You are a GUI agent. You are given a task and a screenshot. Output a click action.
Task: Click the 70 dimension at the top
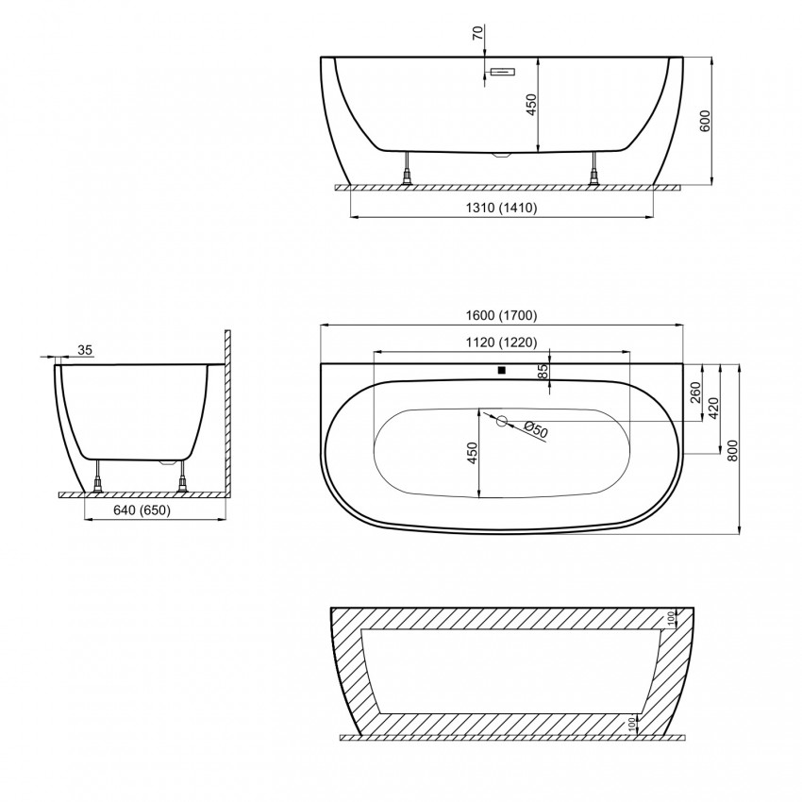(x=477, y=33)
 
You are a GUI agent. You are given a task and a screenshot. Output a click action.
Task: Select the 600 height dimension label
(x=705, y=121)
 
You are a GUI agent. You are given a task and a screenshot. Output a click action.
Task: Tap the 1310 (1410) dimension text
(x=502, y=208)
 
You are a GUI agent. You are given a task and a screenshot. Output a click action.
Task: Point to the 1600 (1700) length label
(x=502, y=315)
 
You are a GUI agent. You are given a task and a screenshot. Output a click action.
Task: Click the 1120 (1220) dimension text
(x=502, y=343)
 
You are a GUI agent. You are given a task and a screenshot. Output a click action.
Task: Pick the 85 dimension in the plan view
(x=543, y=370)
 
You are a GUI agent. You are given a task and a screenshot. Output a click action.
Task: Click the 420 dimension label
(x=714, y=409)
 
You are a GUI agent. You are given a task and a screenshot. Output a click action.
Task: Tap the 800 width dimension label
(x=733, y=451)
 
